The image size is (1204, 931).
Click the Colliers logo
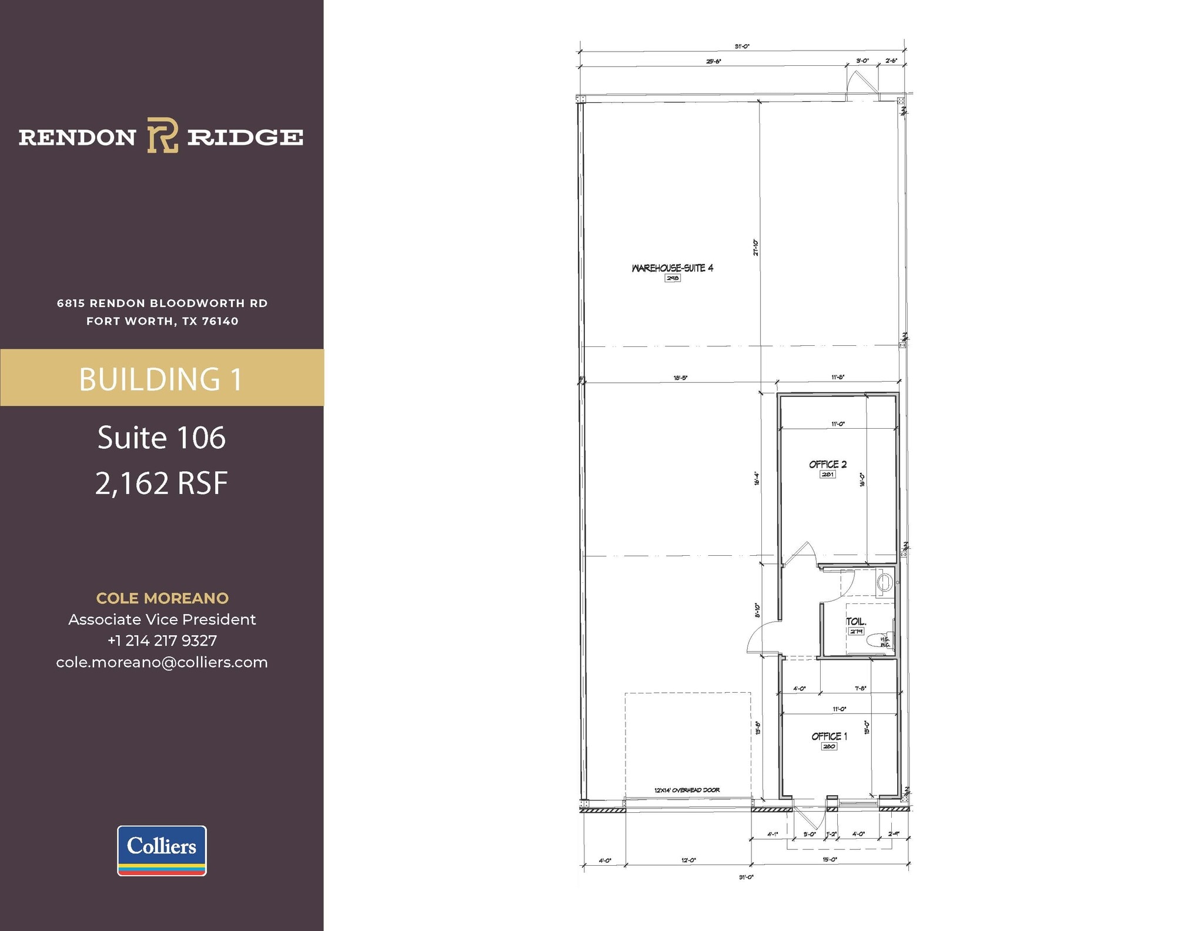pos(162,850)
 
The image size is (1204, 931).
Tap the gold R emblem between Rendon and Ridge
pos(162,135)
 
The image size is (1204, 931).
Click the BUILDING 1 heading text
pos(161,379)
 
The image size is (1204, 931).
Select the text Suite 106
pos(162,438)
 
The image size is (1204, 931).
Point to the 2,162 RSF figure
pos(162,483)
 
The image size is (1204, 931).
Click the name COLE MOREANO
pos(162,598)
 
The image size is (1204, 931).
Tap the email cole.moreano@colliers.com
pos(162,662)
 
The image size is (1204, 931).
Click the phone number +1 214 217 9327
pos(162,640)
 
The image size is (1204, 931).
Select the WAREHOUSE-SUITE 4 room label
pos(673,268)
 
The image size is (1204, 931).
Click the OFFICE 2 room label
pos(828,465)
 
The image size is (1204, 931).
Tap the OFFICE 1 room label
pos(829,736)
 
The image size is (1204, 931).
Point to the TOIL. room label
pos(856,622)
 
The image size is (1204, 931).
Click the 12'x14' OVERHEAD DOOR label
pos(687,790)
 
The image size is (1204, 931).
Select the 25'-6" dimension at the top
pos(713,61)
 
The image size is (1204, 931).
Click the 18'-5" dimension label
pos(680,378)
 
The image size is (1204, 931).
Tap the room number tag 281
pos(828,474)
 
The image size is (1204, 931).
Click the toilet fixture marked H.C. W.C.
pos(879,641)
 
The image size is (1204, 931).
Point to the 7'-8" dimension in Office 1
pos(861,688)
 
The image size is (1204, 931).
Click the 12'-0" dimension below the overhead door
pos(688,860)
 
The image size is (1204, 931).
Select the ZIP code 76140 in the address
pos(220,321)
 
